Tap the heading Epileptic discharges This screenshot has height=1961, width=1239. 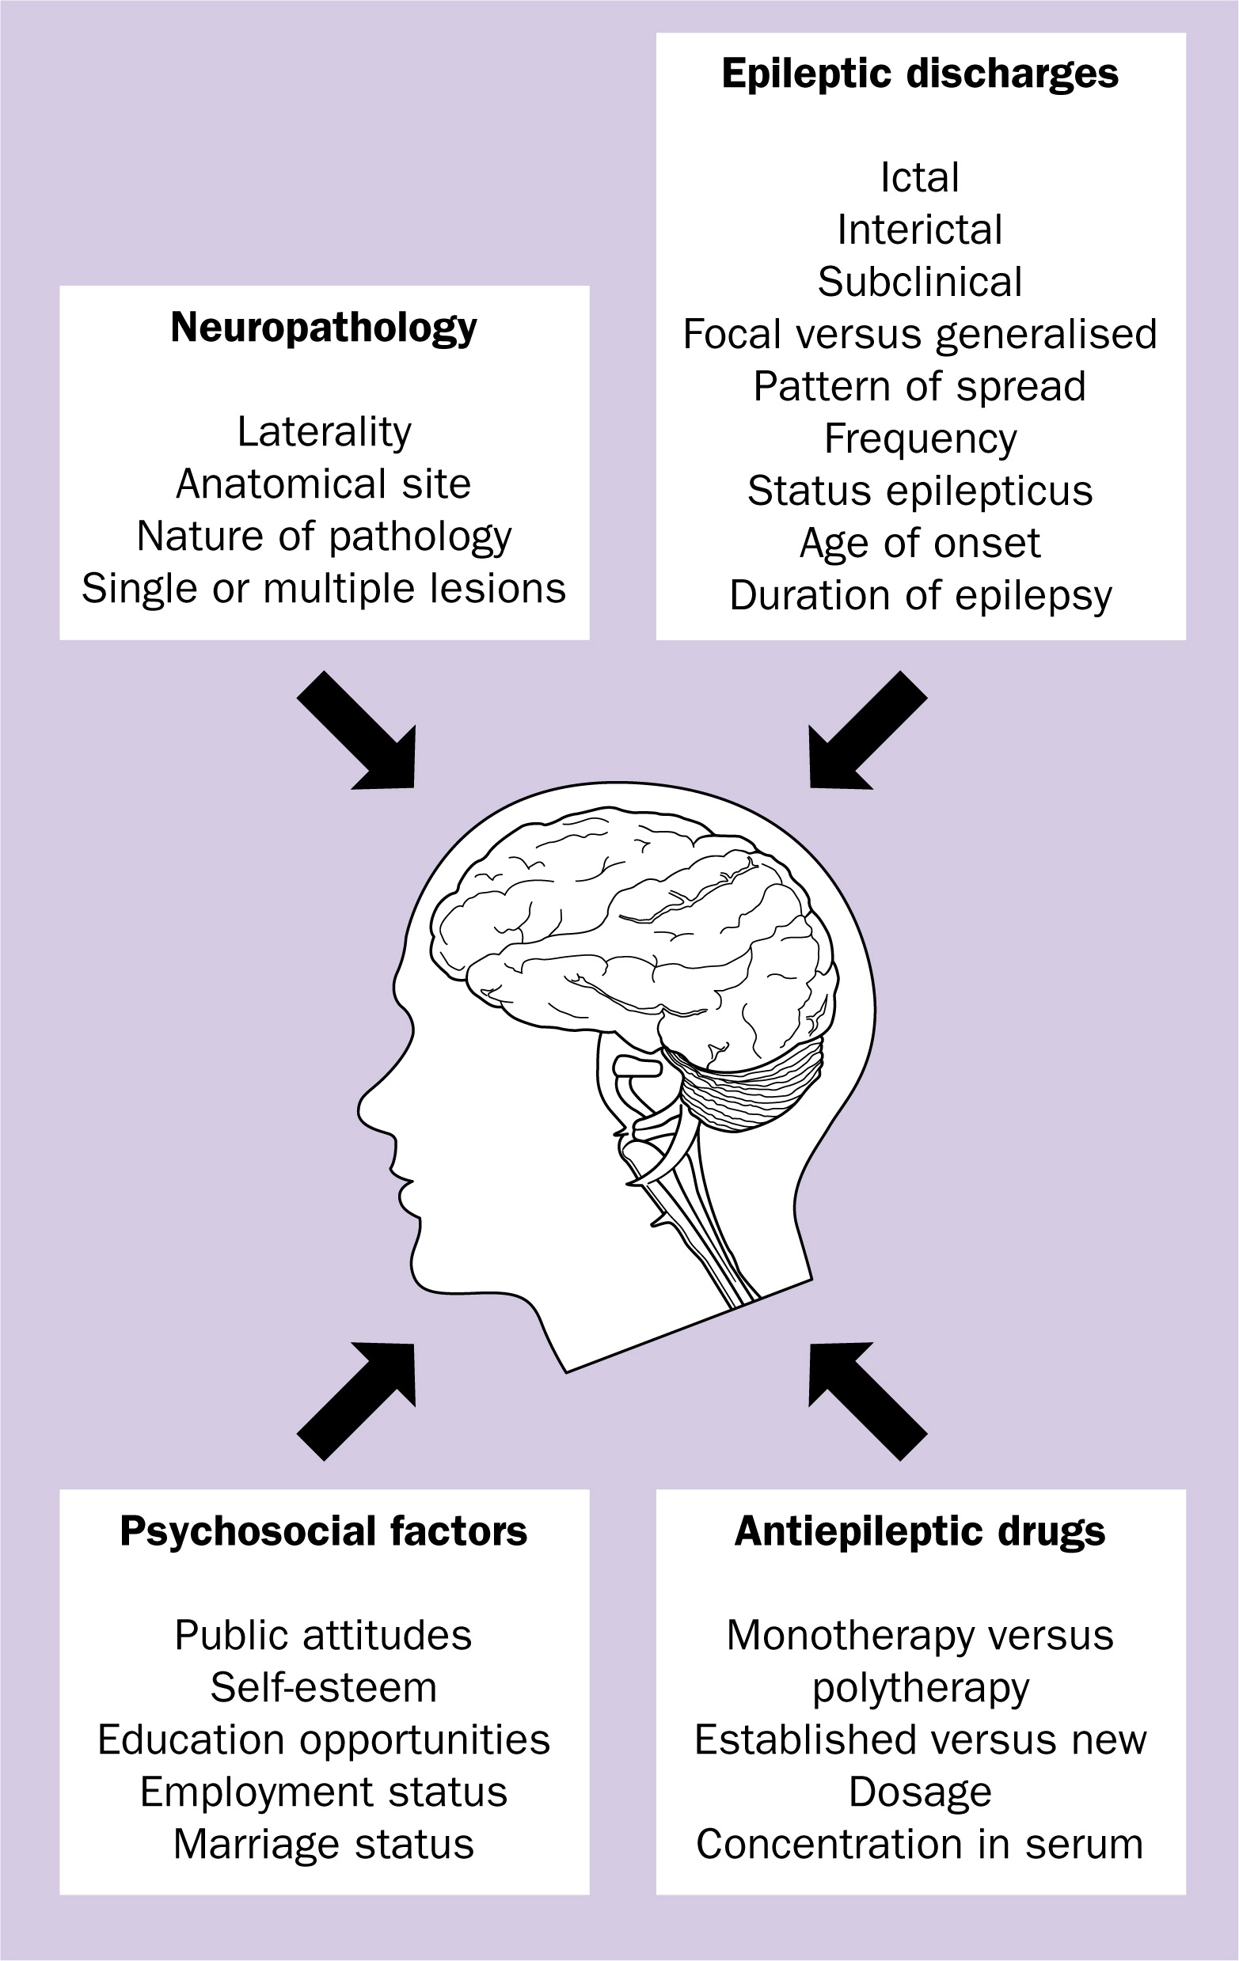pos(920,75)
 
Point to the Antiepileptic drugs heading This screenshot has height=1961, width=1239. pos(920,1531)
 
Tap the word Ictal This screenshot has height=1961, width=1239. pos(920,177)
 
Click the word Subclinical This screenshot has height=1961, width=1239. pos(920,282)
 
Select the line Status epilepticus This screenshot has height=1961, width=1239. pos(920,491)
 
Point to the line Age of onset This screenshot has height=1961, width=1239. pos(920,543)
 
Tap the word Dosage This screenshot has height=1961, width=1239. pos(920,1792)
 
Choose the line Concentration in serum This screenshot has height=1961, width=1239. pos(920,1844)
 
